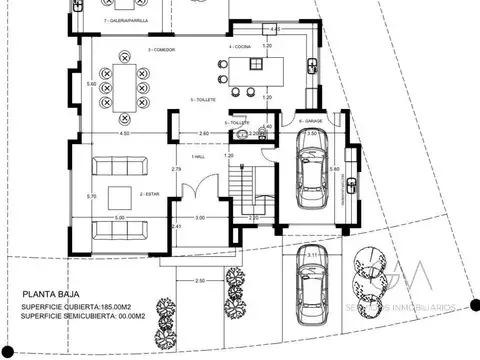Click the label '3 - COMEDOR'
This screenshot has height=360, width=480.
(162, 47)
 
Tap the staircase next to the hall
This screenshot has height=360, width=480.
(242, 186)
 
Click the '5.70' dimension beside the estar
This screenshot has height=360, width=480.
(91, 196)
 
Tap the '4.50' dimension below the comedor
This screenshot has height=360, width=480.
(124, 133)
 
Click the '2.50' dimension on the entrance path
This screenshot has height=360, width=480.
(200, 281)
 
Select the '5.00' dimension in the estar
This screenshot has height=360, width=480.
(119, 218)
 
